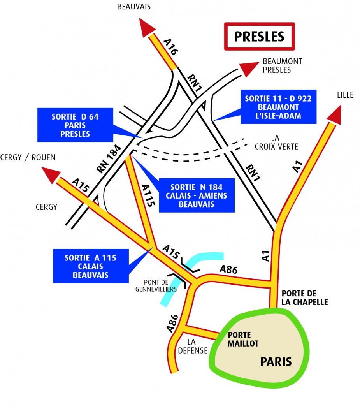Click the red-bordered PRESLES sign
pyautogui.click(x=260, y=36)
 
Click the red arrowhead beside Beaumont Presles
pyautogui.click(x=247, y=69)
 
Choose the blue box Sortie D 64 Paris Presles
pyautogui.click(x=75, y=125)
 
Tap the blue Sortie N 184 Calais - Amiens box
pyautogui.click(x=196, y=195)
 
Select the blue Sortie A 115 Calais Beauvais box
pyautogui.click(x=90, y=266)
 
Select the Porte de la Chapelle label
pyautogui.click(x=305, y=297)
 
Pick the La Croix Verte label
pyautogui.click(x=276, y=142)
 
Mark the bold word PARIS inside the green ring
pyautogui.click(x=276, y=361)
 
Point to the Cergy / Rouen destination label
pyautogui.click(x=28, y=157)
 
